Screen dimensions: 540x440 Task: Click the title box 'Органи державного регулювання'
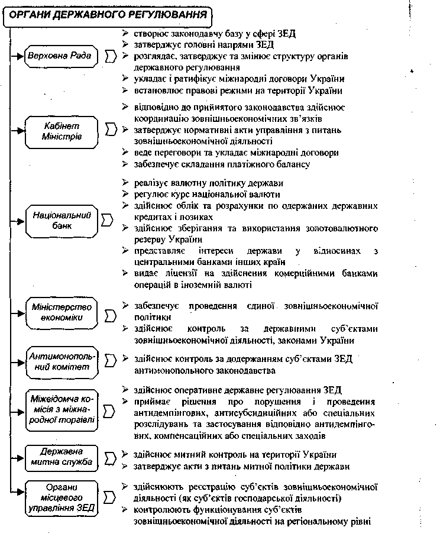pyautogui.click(x=109, y=14)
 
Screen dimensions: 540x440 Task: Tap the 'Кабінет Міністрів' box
pyautogui.click(x=62, y=131)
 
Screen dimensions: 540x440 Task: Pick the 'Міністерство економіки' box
pyautogui.click(x=62, y=312)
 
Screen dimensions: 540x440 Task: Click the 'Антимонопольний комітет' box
pyautogui.click(x=62, y=361)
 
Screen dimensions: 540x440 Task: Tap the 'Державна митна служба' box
pyautogui.click(x=62, y=457)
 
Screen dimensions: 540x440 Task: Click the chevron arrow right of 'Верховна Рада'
pyautogui.click(x=110, y=57)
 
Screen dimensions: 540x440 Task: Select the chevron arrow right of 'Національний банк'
pyautogui.click(x=107, y=220)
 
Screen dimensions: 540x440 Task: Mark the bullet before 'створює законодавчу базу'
pyautogui.click(x=125, y=33)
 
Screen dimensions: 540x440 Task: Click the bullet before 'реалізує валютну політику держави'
pyautogui.click(x=125, y=183)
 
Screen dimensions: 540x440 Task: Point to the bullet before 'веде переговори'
pyautogui.click(x=125, y=153)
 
